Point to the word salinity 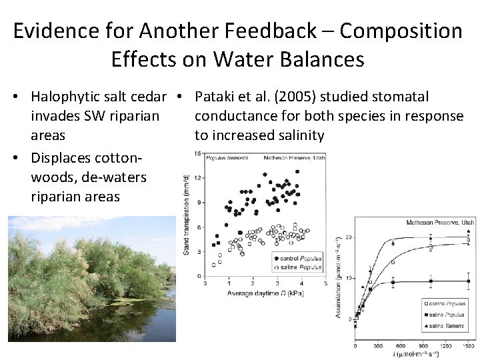click(x=297, y=135)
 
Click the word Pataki click(x=215, y=97)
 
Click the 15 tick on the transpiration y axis click(x=198, y=154)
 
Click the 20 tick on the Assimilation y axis click(x=347, y=237)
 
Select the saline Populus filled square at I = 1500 click(x=469, y=281)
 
